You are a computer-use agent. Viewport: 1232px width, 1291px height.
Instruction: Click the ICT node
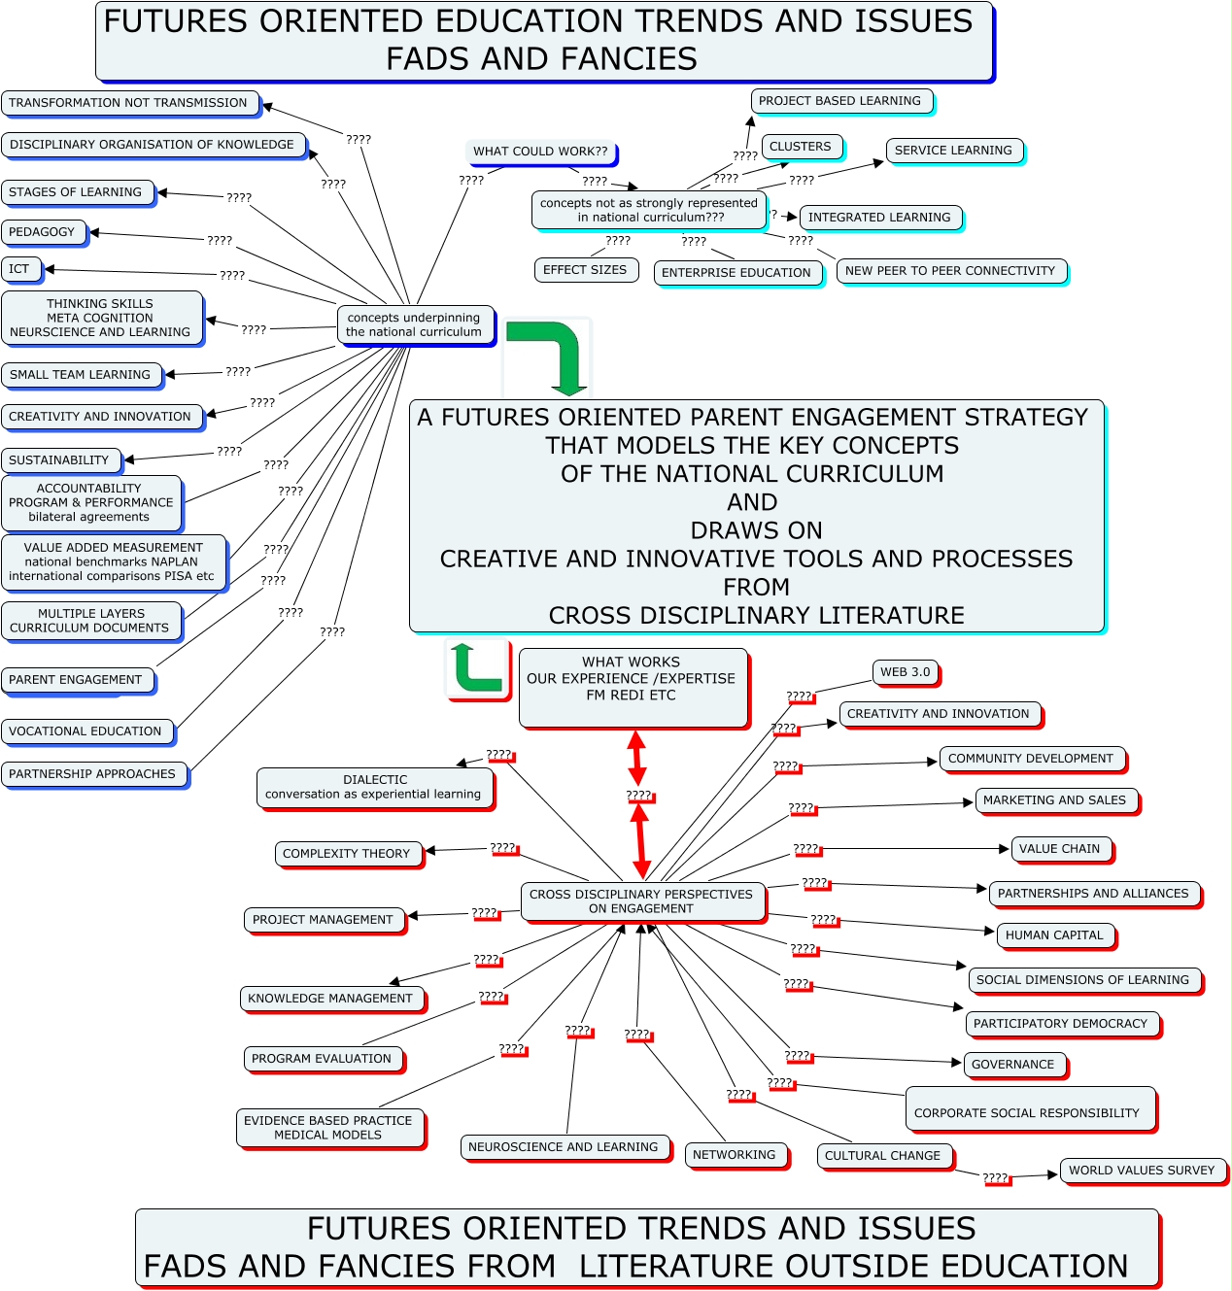(20, 269)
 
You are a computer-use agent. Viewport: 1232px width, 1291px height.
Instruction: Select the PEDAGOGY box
(43, 232)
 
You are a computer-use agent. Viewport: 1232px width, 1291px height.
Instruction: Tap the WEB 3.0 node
(905, 672)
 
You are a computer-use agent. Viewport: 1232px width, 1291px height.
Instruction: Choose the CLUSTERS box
(801, 147)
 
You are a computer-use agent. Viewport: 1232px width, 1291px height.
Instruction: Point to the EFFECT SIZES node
(585, 270)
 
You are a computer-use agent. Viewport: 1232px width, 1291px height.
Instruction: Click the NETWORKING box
(735, 1155)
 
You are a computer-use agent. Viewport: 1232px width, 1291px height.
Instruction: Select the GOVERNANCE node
(1013, 1065)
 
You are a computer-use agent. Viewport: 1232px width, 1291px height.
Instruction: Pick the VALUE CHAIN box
(1060, 849)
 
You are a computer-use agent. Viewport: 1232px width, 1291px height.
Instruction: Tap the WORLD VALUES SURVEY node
(1142, 1171)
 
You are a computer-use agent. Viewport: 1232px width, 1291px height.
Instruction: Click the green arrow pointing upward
(476, 668)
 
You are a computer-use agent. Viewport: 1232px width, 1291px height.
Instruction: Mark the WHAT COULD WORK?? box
(540, 152)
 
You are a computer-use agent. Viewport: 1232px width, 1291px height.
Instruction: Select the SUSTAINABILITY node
(59, 460)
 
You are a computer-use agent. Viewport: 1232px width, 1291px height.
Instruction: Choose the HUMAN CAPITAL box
(1055, 935)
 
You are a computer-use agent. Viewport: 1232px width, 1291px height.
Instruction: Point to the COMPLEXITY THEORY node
(347, 854)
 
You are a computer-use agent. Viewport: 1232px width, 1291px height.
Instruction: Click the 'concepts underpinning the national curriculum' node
(414, 324)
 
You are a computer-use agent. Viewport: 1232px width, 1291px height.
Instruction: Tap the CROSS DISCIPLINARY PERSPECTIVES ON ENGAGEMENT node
(641, 901)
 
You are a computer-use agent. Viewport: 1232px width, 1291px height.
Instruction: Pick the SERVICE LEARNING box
(953, 151)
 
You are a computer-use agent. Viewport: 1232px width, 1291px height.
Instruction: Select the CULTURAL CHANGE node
(883, 1156)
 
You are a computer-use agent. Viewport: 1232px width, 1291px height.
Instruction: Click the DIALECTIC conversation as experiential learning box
(374, 787)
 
